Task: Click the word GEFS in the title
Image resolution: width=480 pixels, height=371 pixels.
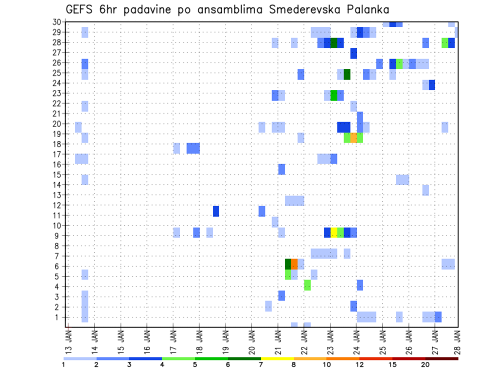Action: tap(80, 9)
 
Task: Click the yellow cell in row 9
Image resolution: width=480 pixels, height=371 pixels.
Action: tap(334, 232)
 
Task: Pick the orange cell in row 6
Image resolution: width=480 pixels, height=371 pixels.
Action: tap(294, 263)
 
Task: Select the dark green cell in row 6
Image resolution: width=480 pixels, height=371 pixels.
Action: tap(288, 263)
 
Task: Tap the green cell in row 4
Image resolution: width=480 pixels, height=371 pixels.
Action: tap(307, 284)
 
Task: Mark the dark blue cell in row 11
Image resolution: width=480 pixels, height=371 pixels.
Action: tap(216, 211)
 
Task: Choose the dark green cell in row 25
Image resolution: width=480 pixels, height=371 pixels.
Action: tap(347, 74)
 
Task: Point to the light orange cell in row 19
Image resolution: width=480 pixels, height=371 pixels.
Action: tap(353, 137)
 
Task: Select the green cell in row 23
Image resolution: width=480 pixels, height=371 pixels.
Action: tap(334, 95)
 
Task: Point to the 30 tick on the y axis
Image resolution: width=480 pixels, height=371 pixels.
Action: tap(57, 22)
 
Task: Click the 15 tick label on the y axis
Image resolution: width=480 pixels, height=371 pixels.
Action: tap(57, 175)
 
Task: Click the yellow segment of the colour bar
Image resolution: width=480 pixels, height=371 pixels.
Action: tap(277, 358)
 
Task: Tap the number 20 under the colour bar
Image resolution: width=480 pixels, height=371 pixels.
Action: tap(425, 364)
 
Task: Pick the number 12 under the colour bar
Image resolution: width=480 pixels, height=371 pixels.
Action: tap(359, 364)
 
